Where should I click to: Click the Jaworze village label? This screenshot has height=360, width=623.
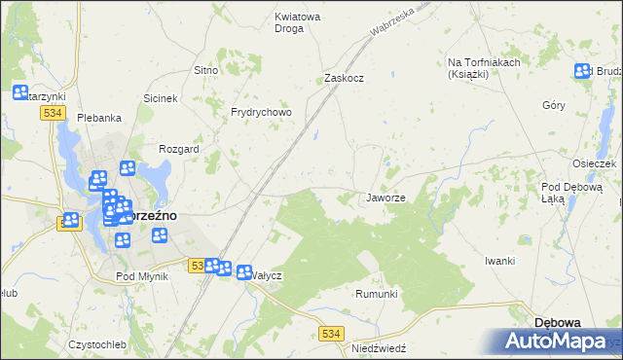385,198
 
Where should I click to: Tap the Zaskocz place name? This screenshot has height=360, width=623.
344,79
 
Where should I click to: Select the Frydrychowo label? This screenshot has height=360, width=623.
261,113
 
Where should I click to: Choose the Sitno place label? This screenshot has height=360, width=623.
205,71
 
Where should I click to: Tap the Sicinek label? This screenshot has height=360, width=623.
161,98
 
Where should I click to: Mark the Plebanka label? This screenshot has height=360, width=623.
99,118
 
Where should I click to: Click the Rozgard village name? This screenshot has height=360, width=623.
179,150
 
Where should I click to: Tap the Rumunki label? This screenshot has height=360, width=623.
377,294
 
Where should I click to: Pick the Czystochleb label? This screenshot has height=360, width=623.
97,344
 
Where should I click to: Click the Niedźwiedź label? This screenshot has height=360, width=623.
379,347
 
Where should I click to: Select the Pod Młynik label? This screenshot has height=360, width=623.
142,276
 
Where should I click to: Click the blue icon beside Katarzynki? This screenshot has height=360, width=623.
20,92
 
